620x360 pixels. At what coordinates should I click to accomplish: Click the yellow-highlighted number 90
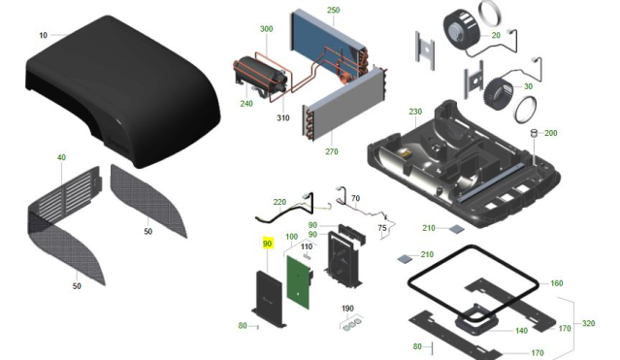[x=267, y=244]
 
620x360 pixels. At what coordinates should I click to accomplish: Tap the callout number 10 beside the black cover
[x=43, y=35]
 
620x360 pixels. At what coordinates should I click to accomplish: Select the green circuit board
[x=298, y=282]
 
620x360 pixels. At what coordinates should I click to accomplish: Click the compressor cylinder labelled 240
[x=259, y=76]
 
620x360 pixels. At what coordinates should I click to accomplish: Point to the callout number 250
[x=334, y=10]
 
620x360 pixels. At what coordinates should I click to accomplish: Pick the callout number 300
[x=267, y=29]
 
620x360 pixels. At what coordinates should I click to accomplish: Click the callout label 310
[x=283, y=117]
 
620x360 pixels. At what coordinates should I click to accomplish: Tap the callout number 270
[x=332, y=151]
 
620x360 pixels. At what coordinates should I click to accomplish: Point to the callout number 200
[x=551, y=133]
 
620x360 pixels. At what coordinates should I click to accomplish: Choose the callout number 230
[x=415, y=112]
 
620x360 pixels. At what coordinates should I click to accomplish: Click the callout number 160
[x=556, y=283]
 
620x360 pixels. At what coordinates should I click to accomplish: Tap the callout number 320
[x=588, y=323]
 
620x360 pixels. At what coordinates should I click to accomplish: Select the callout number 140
[x=522, y=331]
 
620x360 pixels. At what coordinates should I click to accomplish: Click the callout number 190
[x=347, y=309]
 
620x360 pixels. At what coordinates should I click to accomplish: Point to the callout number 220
[x=279, y=202]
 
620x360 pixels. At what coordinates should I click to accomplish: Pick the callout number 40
[x=61, y=157]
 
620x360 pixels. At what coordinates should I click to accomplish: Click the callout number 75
[x=382, y=228]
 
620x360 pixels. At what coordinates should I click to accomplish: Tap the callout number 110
[x=307, y=246]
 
